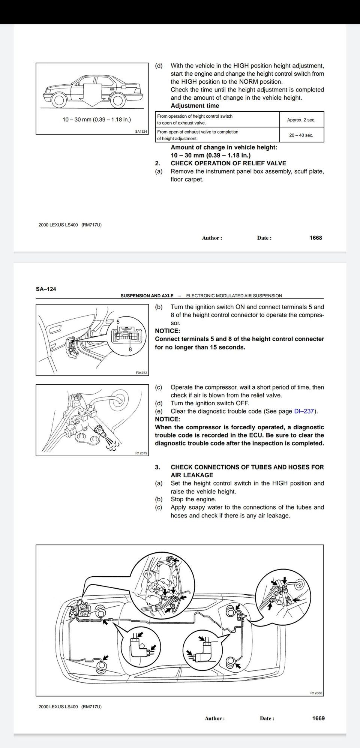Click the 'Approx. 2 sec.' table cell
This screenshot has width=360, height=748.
pos(301,120)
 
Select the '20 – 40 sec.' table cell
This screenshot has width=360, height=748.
pos(301,135)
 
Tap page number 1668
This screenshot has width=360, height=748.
pos(316,238)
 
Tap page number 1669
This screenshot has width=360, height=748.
pos(318,718)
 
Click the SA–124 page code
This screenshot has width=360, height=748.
pos(46,289)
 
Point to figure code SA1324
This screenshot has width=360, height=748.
pos(141,132)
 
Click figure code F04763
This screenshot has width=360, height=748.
pos(141,373)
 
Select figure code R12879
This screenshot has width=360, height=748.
pos(141,453)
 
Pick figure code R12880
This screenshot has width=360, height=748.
pos(316,693)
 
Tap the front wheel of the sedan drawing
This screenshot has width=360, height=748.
pos(59,100)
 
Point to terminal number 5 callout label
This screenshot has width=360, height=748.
pos(118,321)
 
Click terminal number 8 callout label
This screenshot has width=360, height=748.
pos(130,349)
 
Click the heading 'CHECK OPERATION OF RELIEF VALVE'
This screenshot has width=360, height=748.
pos(228,163)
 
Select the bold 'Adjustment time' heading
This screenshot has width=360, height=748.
pos(195,106)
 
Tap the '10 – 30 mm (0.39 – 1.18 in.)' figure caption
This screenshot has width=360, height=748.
pos(96,120)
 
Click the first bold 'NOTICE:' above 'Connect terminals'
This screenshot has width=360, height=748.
pos(167,331)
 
